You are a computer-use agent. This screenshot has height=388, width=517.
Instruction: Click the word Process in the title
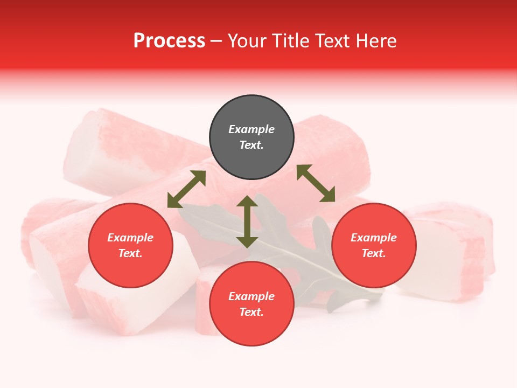(x=169, y=41)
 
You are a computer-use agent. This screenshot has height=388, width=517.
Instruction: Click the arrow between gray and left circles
(x=186, y=189)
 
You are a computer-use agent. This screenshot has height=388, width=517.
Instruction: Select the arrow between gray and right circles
(x=316, y=183)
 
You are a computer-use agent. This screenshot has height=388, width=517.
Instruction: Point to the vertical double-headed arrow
(x=247, y=222)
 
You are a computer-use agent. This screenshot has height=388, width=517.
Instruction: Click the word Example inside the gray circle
(x=251, y=129)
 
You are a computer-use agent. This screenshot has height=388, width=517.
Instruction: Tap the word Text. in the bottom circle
(x=251, y=312)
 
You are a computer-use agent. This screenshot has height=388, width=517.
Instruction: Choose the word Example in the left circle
(x=130, y=238)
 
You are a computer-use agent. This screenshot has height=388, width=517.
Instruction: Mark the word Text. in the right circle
(x=374, y=253)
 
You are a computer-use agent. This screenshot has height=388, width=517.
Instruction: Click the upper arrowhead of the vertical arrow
(x=247, y=201)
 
